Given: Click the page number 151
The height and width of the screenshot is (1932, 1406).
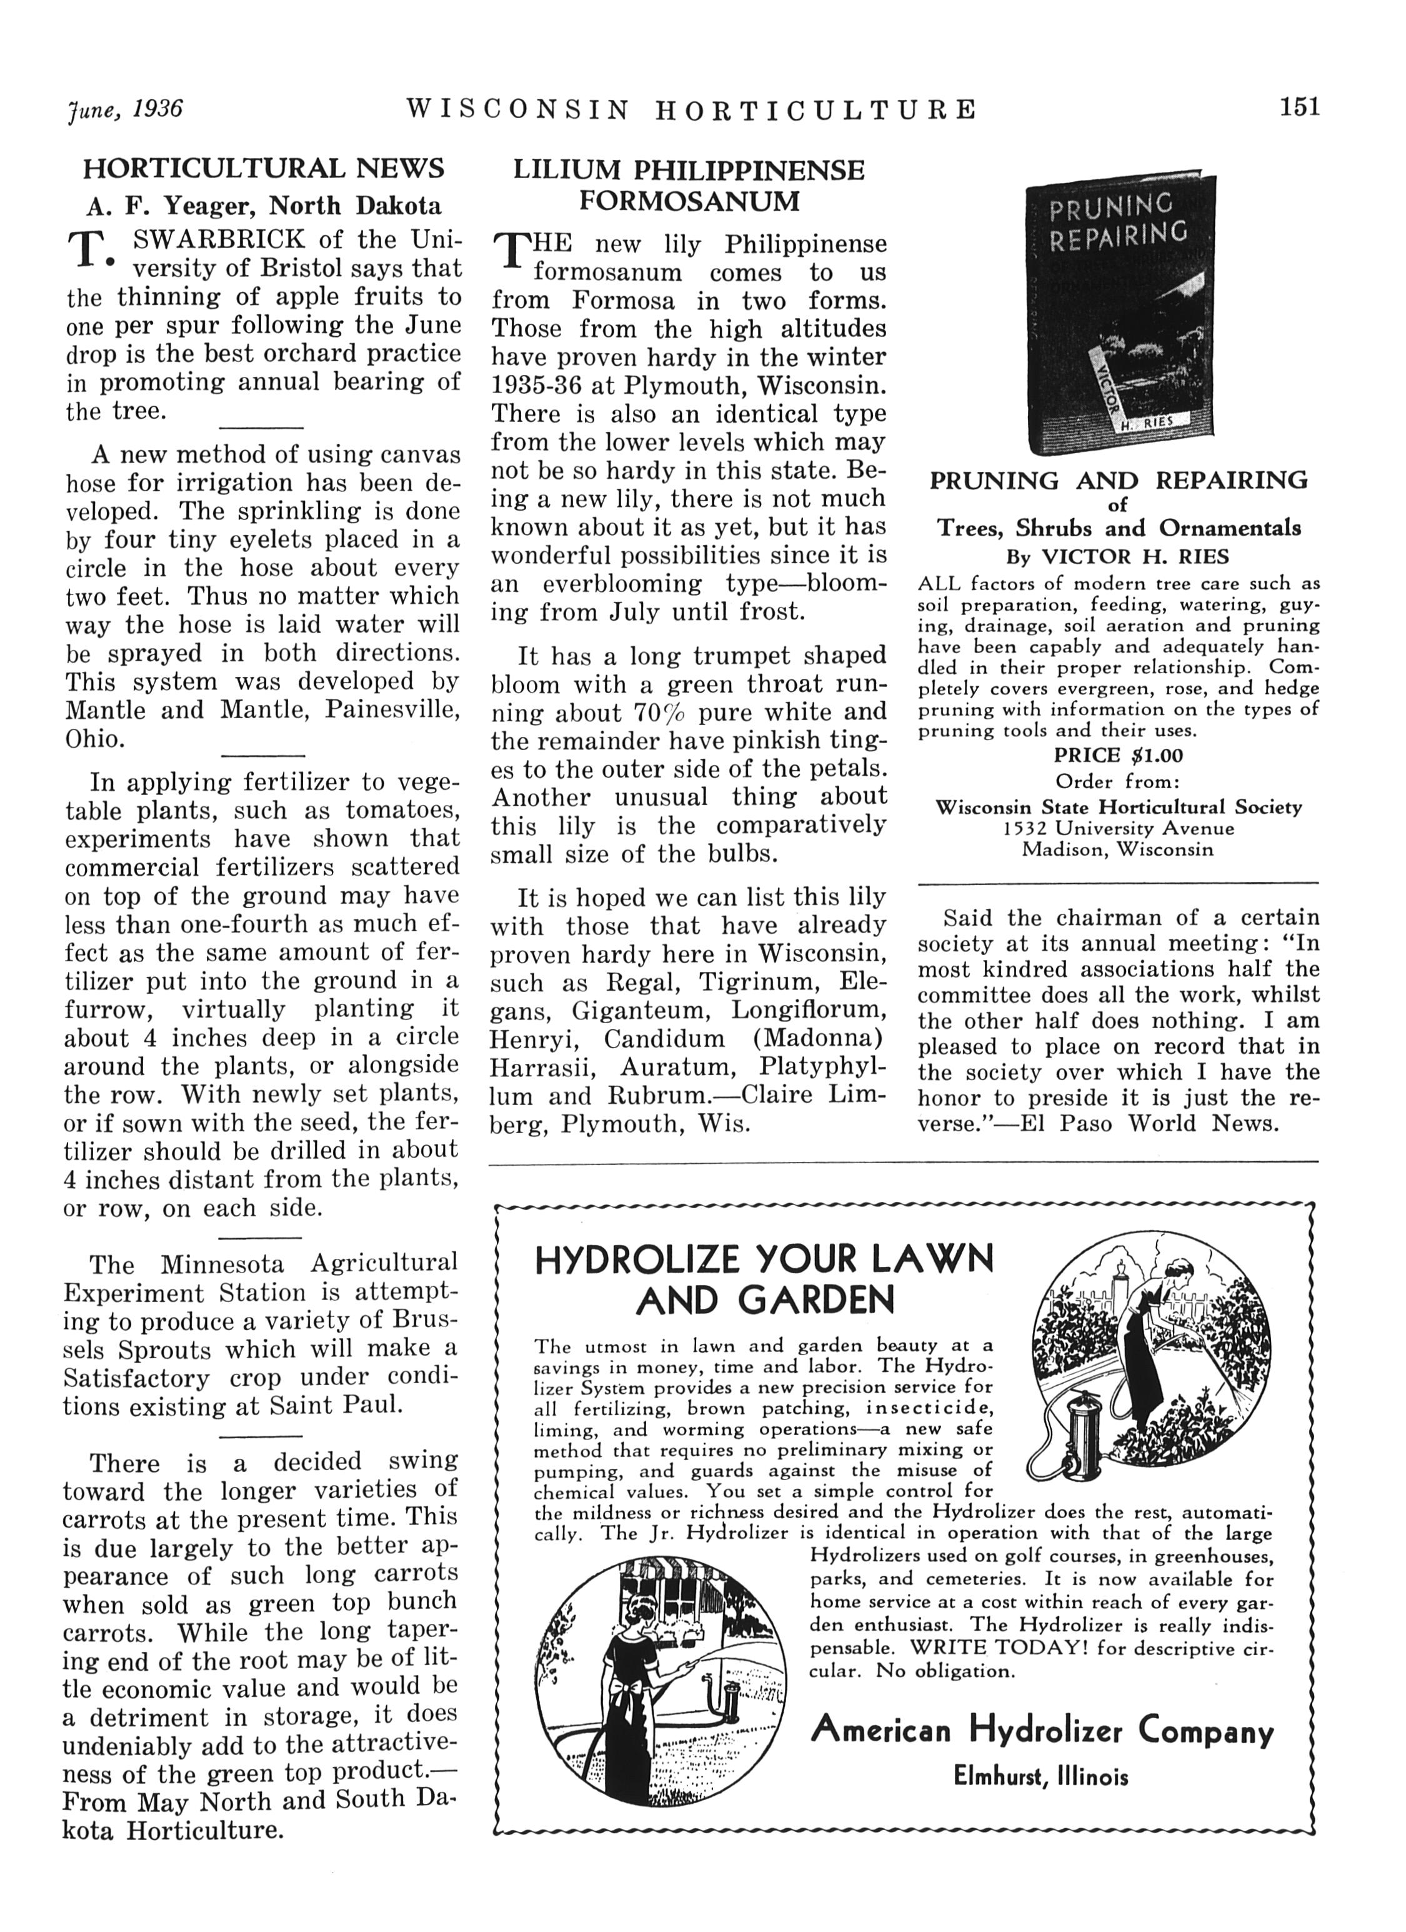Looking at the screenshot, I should [x=1298, y=108].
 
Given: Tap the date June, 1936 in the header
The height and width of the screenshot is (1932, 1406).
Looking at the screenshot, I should [x=124, y=109].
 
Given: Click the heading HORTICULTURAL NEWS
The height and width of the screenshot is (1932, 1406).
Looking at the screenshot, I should [x=263, y=169].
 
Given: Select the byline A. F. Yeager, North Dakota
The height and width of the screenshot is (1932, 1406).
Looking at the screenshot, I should [x=263, y=206].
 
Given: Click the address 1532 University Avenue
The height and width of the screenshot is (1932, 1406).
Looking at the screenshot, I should [x=1118, y=828].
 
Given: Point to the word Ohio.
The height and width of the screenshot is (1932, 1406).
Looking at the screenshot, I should [x=96, y=739].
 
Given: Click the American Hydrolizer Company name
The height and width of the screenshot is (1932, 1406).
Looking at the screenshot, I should [x=1042, y=1731].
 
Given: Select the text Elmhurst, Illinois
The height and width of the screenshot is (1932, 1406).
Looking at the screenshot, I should [x=1040, y=1776].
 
